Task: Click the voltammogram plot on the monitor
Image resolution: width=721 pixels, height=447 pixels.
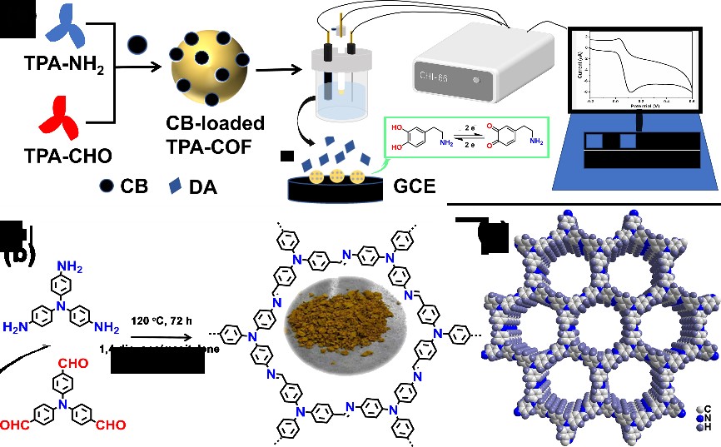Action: (639, 67)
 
